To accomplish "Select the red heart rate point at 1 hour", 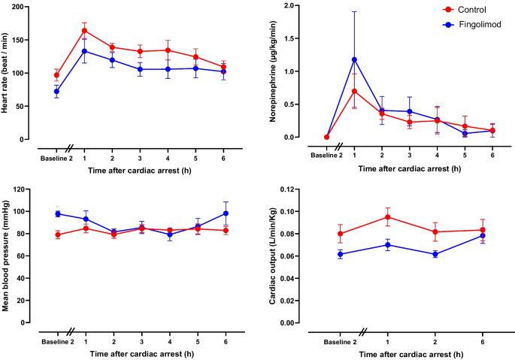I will coord(84,31).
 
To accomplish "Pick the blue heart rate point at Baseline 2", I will coord(57,92).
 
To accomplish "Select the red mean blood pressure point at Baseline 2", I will coord(57,234).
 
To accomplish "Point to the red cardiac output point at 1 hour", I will coord(388,217).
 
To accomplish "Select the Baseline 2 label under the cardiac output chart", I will coord(340,341).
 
